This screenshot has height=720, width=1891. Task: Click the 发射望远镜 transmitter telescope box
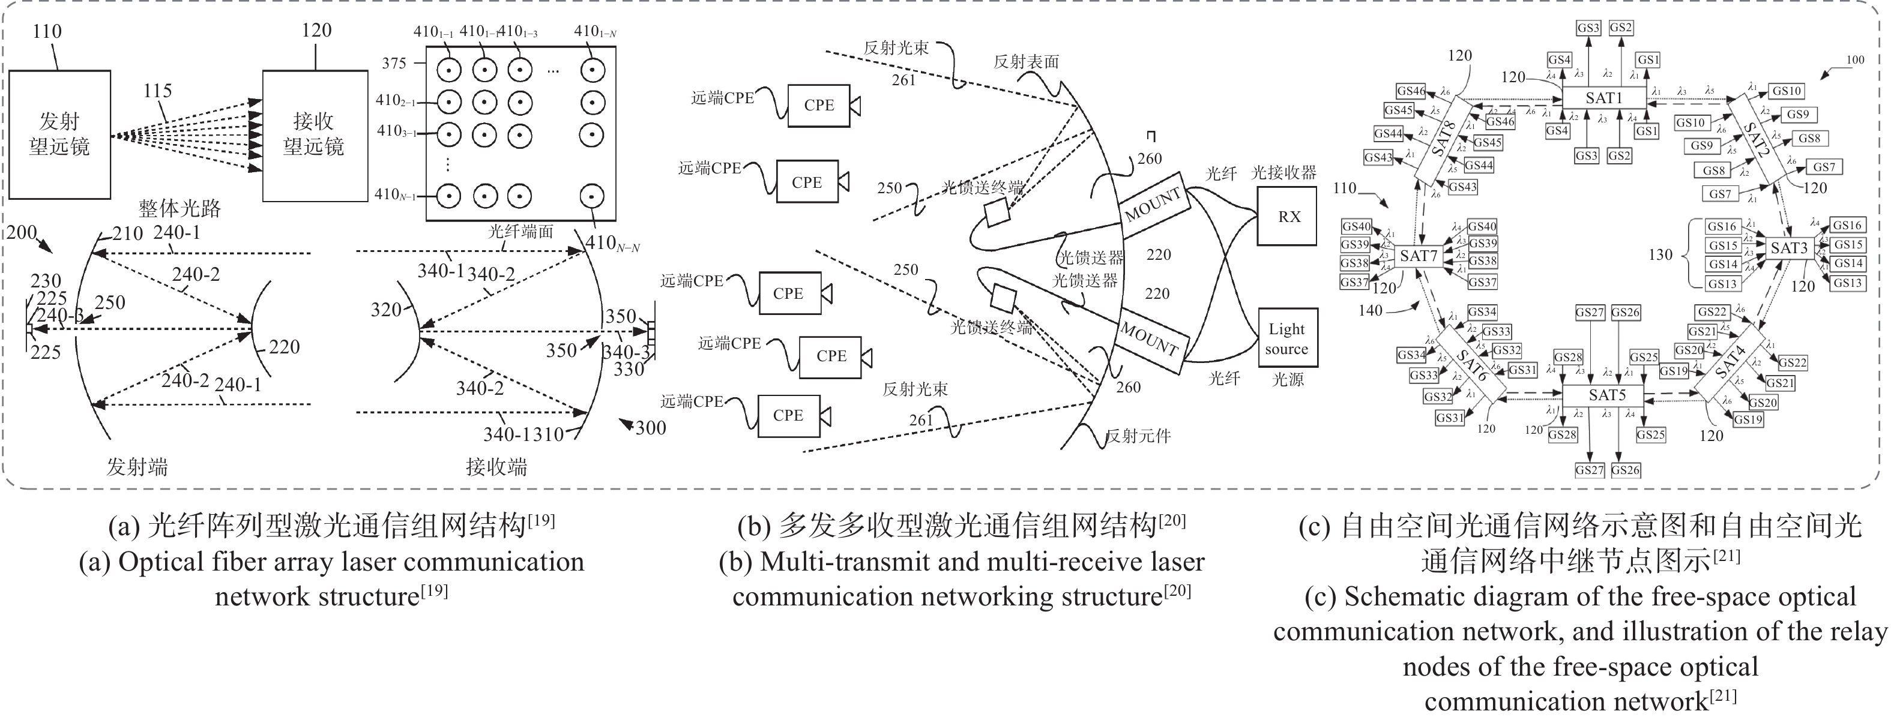pos(59,134)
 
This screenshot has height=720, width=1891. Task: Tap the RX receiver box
pos(1289,217)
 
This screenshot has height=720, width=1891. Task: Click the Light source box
pos(1287,338)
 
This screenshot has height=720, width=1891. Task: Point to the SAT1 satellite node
pos(1603,98)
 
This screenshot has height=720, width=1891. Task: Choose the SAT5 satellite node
pos(1607,395)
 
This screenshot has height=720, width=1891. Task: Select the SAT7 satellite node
pos(1417,256)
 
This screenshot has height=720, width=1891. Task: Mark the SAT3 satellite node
pos(1788,248)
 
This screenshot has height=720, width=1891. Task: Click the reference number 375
pos(394,63)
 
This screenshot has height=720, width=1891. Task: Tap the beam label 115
pos(157,91)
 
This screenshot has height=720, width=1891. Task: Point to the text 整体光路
pos(180,208)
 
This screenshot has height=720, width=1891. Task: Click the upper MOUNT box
pos(1153,205)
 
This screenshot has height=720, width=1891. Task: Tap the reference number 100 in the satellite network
pos(1854,60)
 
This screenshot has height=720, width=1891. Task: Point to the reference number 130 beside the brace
pos(1660,254)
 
